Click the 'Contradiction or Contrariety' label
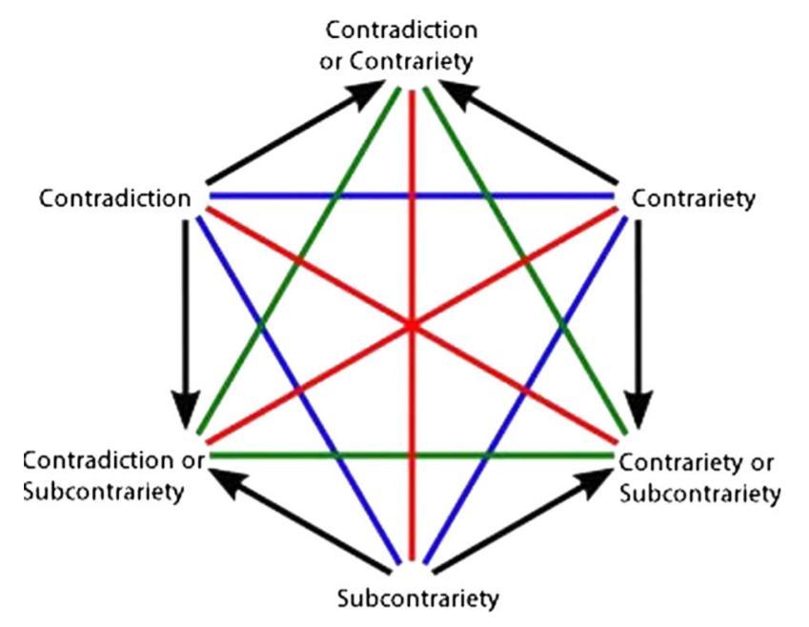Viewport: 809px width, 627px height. coord(412,46)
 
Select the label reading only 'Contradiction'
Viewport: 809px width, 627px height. coord(115,198)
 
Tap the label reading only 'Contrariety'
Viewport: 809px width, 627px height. coord(693,199)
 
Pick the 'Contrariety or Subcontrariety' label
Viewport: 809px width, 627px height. coord(699,478)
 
